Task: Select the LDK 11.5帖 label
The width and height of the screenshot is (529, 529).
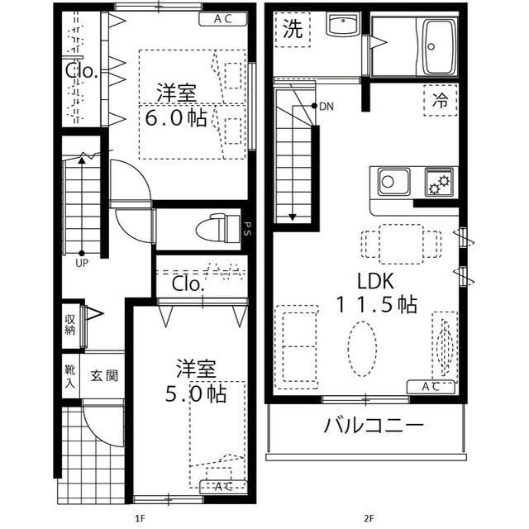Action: [375, 292]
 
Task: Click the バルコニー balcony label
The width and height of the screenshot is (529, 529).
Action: [374, 427]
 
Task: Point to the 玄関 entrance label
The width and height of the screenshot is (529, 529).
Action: [104, 375]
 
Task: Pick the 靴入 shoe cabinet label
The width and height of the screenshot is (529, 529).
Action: [69, 375]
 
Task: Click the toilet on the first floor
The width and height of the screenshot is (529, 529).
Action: [217, 225]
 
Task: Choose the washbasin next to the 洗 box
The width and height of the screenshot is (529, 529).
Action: [340, 25]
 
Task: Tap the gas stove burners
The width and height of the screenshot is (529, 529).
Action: [437, 180]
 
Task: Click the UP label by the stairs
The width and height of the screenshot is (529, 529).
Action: [82, 264]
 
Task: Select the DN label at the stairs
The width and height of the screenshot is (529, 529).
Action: [326, 107]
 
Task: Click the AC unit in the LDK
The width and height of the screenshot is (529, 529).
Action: [431, 386]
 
